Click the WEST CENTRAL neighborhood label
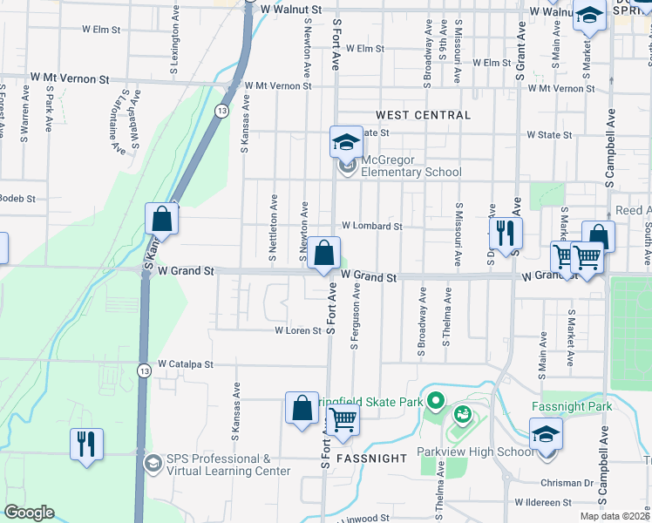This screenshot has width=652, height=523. (x=423, y=115)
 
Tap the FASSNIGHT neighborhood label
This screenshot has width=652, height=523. (x=371, y=458)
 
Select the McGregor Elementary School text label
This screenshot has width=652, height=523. (x=411, y=166)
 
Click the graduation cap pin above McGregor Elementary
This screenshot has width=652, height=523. (x=346, y=141)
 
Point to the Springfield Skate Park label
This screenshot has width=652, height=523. (x=376, y=402)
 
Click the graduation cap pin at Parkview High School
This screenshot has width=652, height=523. (x=546, y=433)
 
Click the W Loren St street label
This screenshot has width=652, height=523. (x=298, y=331)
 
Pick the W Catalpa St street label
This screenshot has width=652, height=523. (x=185, y=364)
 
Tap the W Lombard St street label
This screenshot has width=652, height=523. (x=371, y=226)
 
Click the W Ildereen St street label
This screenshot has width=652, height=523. (x=542, y=503)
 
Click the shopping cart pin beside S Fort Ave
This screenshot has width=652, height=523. (x=343, y=420)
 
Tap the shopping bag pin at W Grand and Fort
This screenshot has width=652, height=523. (x=323, y=255)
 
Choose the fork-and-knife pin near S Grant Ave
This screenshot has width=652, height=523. (x=506, y=232)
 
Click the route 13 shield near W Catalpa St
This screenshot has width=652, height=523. (x=144, y=371)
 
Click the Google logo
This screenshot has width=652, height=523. (x=29, y=513)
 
